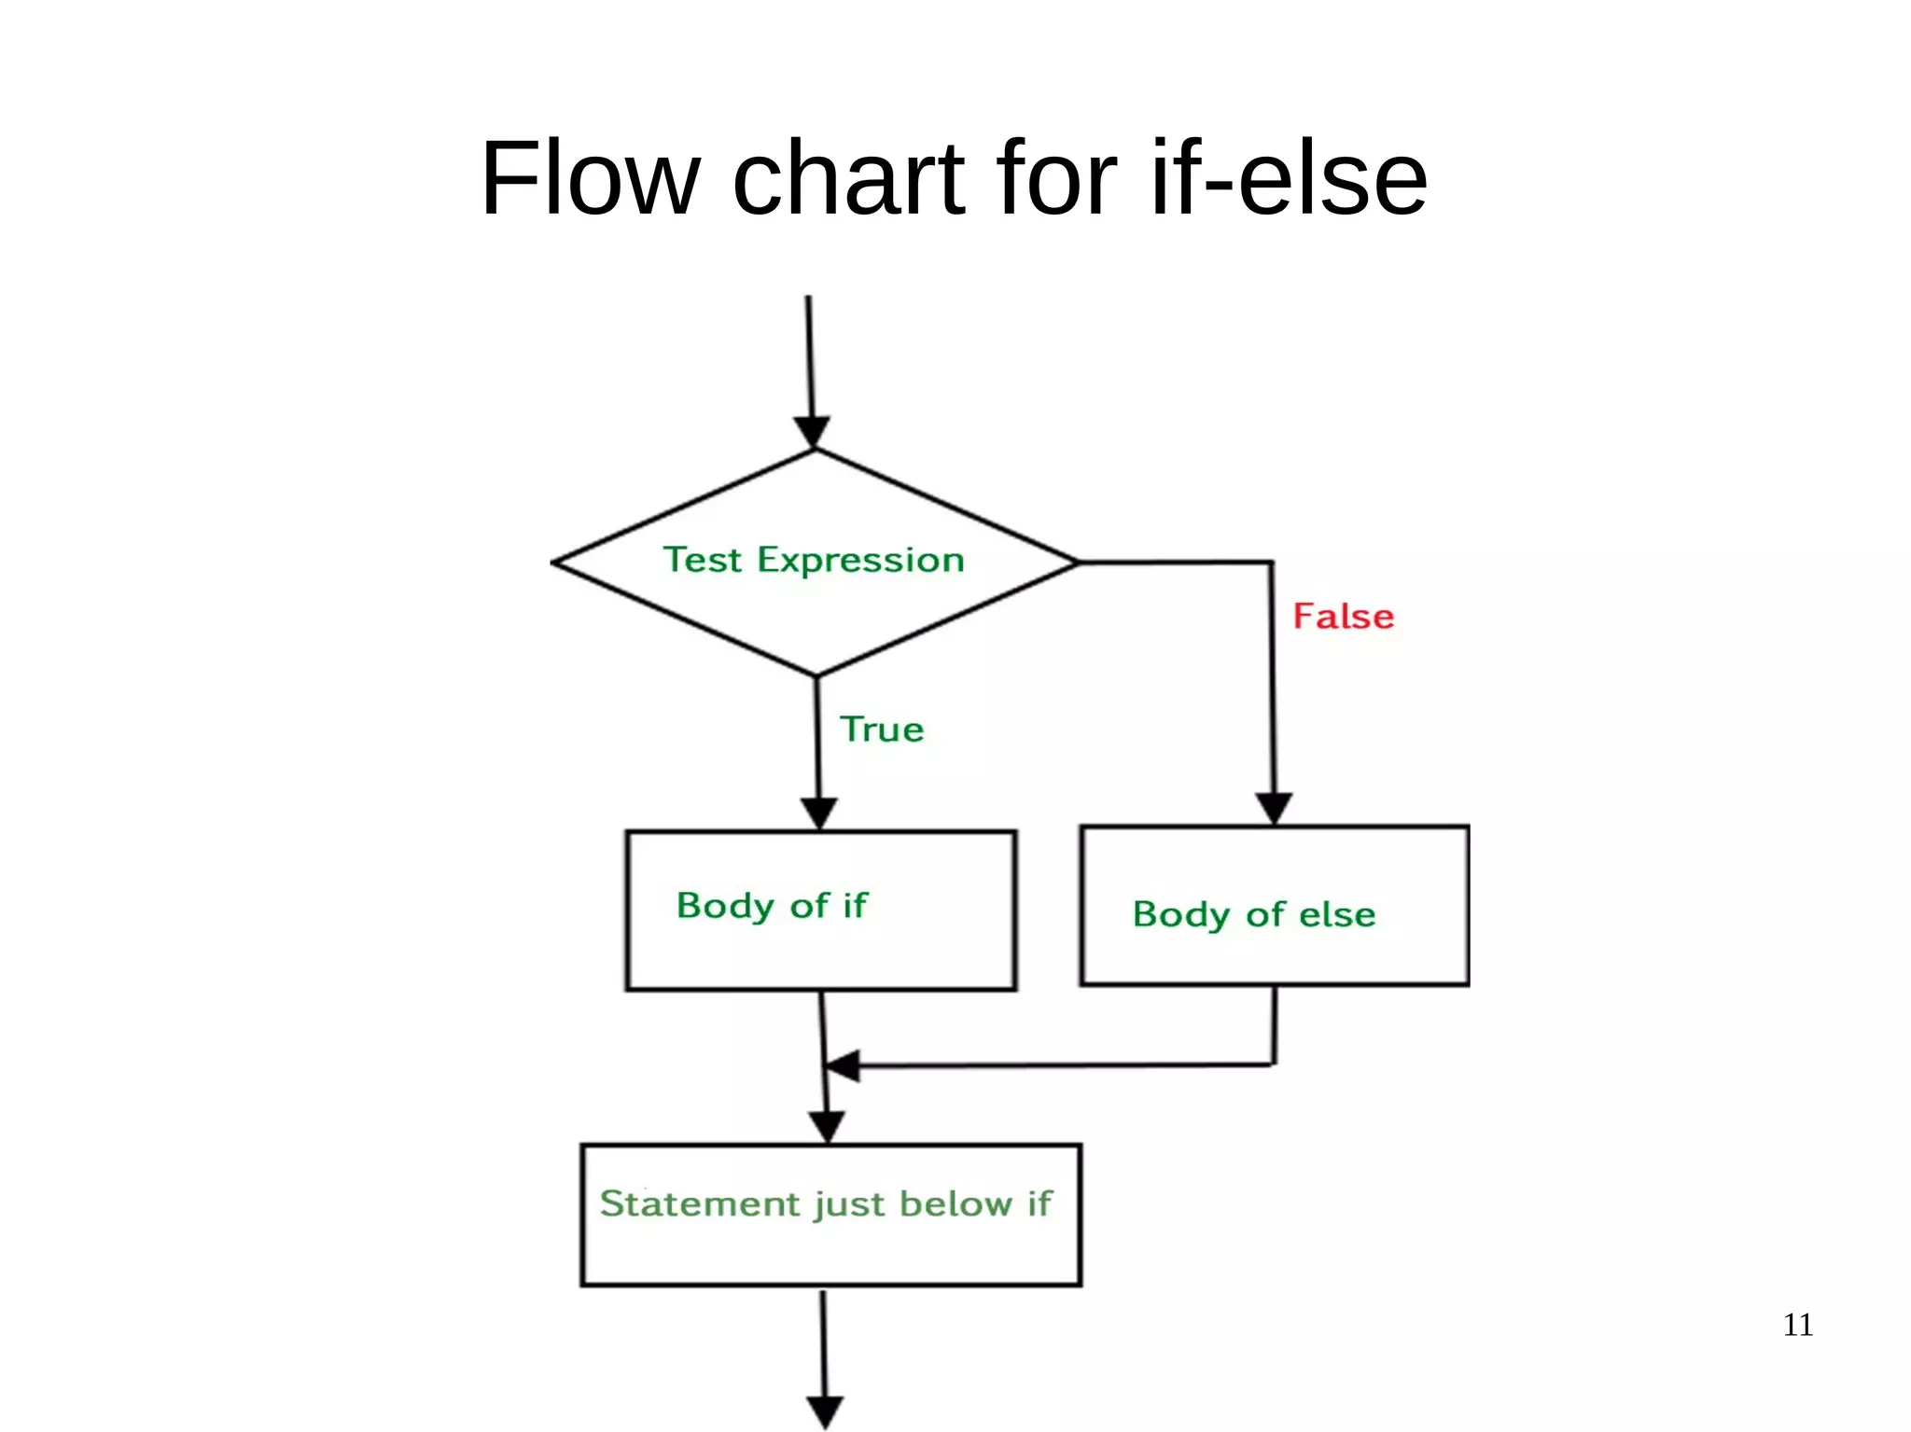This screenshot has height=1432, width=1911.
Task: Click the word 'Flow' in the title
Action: (590, 178)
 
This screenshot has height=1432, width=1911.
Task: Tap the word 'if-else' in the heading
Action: (1289, 178)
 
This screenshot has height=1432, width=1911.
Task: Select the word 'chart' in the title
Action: (848, 178)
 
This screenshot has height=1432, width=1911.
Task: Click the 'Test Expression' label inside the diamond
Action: (814, 560)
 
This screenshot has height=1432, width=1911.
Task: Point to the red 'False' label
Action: (1343, 617)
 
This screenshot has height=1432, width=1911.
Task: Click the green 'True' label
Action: (882, 730)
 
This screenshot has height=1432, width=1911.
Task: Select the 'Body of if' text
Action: (772, 906)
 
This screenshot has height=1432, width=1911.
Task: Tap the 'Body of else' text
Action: (1253, 914)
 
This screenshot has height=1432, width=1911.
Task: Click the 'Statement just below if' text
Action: (826, 1203)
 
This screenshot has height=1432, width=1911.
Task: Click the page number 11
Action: (1797, 1325)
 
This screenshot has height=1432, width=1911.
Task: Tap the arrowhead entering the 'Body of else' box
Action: (1274, 809)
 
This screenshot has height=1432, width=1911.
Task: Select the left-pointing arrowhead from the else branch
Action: (843, 1065)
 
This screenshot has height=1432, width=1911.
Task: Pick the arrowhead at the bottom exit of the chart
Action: (825, 1411)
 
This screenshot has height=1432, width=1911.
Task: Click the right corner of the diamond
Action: (1077, 563)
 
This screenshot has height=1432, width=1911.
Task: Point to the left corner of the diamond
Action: (554, 563)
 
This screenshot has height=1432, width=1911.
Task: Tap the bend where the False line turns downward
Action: (1271, 563)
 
